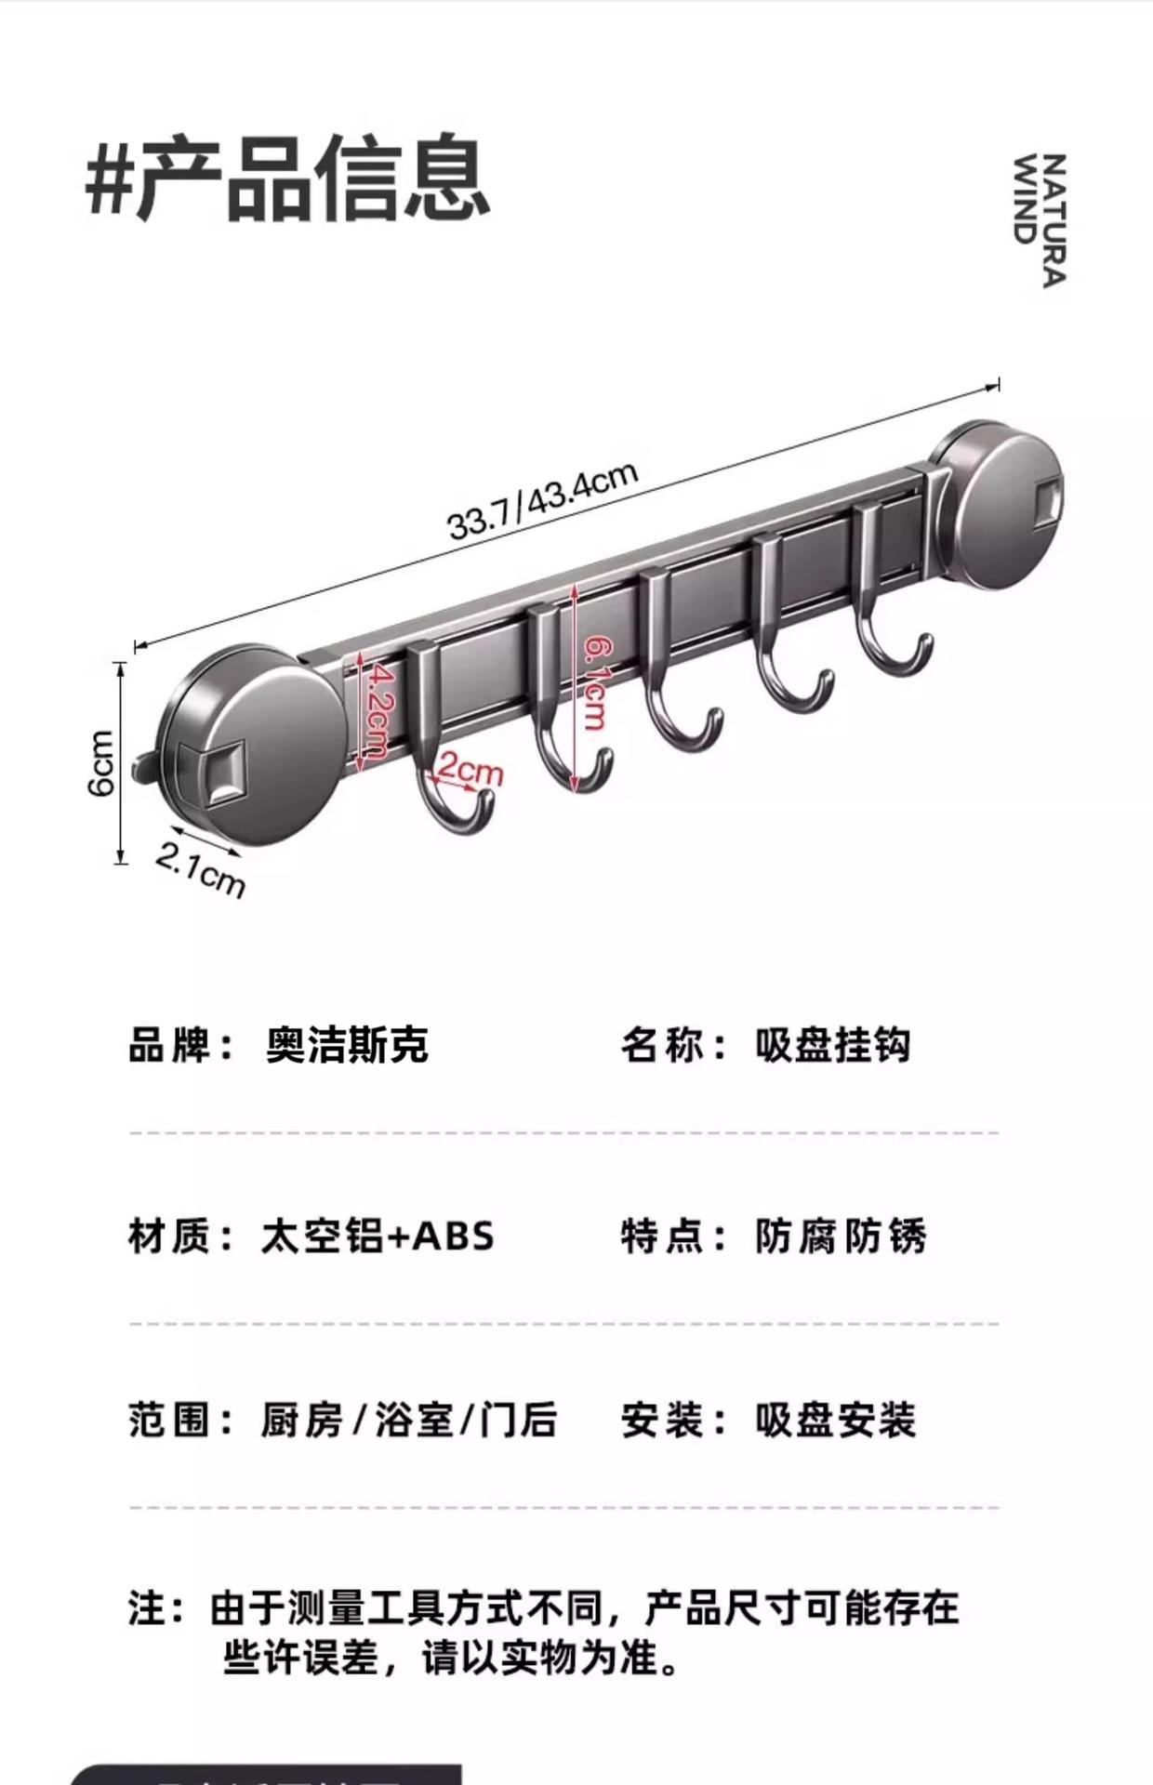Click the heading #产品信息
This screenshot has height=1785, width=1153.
(287, 178)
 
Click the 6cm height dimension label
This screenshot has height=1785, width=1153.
(101, 762)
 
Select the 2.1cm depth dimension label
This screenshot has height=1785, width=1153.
(200, 870)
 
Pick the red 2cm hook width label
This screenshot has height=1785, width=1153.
(470, 771)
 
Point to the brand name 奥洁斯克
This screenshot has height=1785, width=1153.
(347, 1045)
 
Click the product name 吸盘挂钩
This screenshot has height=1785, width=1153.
(832, 1045)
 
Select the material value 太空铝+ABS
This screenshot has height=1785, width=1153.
(377, 1236)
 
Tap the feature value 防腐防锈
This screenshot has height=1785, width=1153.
(841, 1236)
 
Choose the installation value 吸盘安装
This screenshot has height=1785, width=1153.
(835, 1421)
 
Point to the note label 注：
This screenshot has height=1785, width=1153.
(156, 1608)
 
